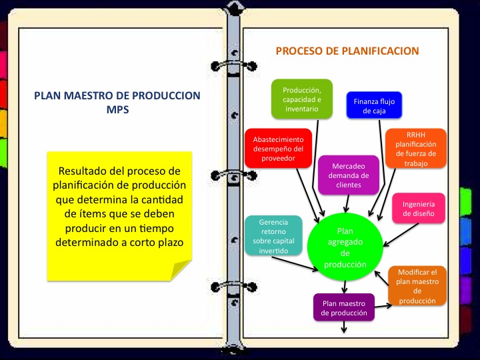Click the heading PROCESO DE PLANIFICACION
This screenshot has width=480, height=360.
point(347,51)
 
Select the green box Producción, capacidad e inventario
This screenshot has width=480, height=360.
point(302,99)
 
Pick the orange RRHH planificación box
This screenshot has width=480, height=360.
point(415,148)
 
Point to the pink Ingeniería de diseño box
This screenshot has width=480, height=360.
point(418,209)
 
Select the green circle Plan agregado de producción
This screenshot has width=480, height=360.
point(345,246)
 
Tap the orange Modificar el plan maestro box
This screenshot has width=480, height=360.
point(417,286)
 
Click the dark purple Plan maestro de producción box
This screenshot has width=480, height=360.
point(343,308)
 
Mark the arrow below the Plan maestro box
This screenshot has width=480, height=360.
point(344,327)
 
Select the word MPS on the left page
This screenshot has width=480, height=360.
point(117,110)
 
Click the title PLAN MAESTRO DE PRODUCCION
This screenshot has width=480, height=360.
point(117,96)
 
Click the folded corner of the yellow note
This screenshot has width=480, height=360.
point(181,270)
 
